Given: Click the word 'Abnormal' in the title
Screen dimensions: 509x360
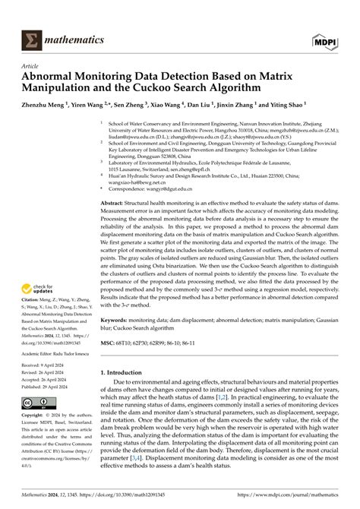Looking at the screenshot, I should pyautogui.click(x=56, y=77).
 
